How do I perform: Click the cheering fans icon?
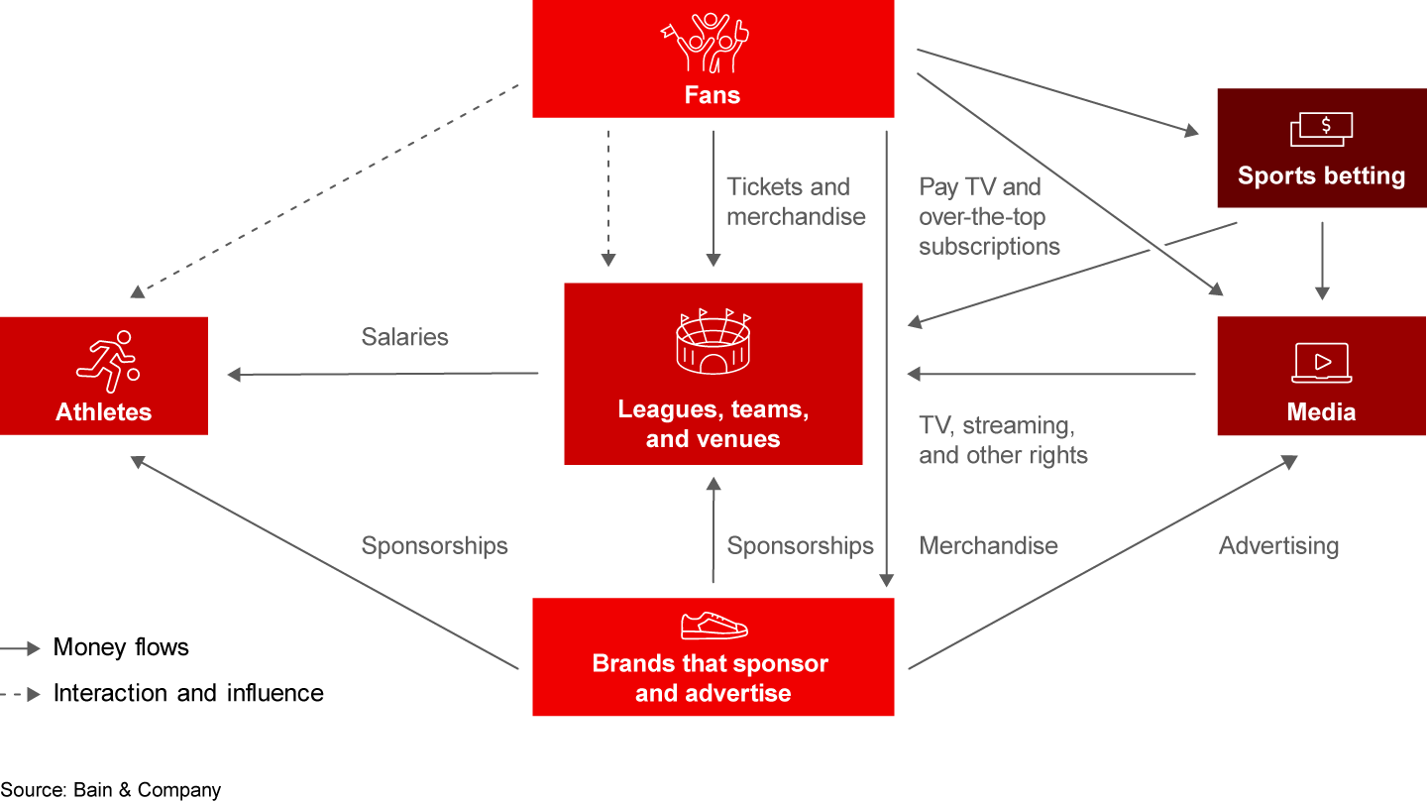[x=705, y=42]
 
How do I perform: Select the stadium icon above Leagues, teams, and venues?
[x=713, y=342]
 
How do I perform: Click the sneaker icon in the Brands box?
[x=713, y=625]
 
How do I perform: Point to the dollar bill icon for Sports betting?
[x=1321, y=129]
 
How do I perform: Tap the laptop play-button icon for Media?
[x=1321, y=363]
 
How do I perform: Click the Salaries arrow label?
[x=404, y=337]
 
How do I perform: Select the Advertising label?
[x=1278, y=545]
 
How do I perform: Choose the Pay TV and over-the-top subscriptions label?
[x=989, y=217]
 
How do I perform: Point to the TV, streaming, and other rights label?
[x=1003, y=440]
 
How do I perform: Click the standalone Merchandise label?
[x=988, y=545]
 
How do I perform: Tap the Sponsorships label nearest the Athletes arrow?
[x=434, y=545]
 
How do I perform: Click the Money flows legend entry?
[x=121, y=647]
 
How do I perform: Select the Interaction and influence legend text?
[x=188, y=693]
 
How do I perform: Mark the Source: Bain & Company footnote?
[x=111, y=790]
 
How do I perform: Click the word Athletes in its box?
[x=104, y=412]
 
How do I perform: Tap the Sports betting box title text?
[x=1321, y=176]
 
